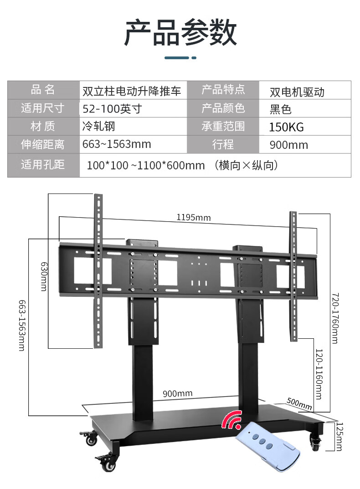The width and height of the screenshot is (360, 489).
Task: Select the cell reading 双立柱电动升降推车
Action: pos(132,91)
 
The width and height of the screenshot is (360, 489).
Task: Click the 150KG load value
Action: pos(286,127)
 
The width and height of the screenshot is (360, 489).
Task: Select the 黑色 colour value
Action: pos(281,109)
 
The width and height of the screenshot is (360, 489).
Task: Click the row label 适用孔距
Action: pos(43,164)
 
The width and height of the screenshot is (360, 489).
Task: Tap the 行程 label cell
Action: pos(223,145)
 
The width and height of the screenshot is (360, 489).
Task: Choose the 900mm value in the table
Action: pos(289,145)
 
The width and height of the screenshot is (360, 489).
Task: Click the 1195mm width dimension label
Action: pos(194,218)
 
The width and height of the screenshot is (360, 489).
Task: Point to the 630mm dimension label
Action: pos(44,276)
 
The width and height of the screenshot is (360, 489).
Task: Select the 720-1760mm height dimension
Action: pos(335,318)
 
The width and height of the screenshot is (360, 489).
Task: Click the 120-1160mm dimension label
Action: pos(319,371)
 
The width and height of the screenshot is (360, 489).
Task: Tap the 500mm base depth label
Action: pos(299,403)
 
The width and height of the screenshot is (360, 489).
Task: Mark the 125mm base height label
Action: pos(338,436)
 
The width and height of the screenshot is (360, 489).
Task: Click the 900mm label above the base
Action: pos(178,393)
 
